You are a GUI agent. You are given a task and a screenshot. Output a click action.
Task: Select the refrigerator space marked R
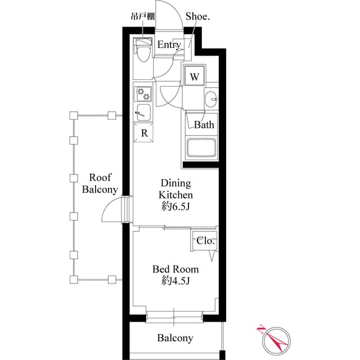click(144, 133)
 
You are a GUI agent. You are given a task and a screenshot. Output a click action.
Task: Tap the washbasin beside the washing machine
click(211, 98)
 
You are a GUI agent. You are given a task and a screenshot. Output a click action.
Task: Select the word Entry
click(169, 45)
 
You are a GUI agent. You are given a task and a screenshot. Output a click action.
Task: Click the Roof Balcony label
click(100, 183)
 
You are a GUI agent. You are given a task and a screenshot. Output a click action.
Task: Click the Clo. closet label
click(205, 240)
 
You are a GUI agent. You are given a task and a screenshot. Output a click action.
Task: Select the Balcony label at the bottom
click(175, 338)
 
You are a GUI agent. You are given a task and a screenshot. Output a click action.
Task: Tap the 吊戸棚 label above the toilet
click(142, 16)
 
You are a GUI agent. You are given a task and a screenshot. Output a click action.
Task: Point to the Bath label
click(204, 125)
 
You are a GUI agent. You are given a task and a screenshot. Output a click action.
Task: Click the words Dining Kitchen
click(176, 188)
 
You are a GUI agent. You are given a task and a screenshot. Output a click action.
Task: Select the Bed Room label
click(175, 269)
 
